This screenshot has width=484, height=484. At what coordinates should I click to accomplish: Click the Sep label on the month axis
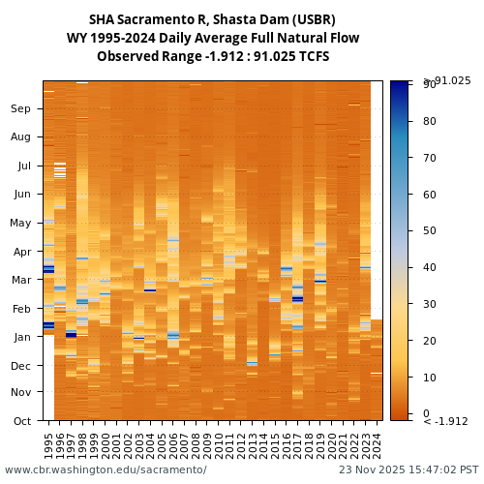point(20,109)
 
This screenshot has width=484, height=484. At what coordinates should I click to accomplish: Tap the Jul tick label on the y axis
point(22,166)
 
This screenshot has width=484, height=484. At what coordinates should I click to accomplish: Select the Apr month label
point(21,252)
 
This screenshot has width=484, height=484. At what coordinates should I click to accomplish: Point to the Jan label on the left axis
point(21,337)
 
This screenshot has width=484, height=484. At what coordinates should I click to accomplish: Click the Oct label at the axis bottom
point(21,421)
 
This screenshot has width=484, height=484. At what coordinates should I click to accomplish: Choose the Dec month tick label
point(21,366)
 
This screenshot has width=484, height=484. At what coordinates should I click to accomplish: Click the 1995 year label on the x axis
point(48,445)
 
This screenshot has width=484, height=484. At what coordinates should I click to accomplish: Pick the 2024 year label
point(377,445)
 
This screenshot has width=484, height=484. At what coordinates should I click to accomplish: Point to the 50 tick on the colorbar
point(429,231)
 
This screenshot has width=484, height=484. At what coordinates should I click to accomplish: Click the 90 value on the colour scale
point(429,85)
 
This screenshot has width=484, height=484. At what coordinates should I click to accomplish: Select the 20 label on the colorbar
point(429,341)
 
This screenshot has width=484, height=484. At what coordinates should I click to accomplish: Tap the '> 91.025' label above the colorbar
point(446,80)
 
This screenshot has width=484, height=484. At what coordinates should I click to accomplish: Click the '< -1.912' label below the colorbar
point(445,421)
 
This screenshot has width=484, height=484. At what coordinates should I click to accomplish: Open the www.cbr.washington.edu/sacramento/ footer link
point(106,470)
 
